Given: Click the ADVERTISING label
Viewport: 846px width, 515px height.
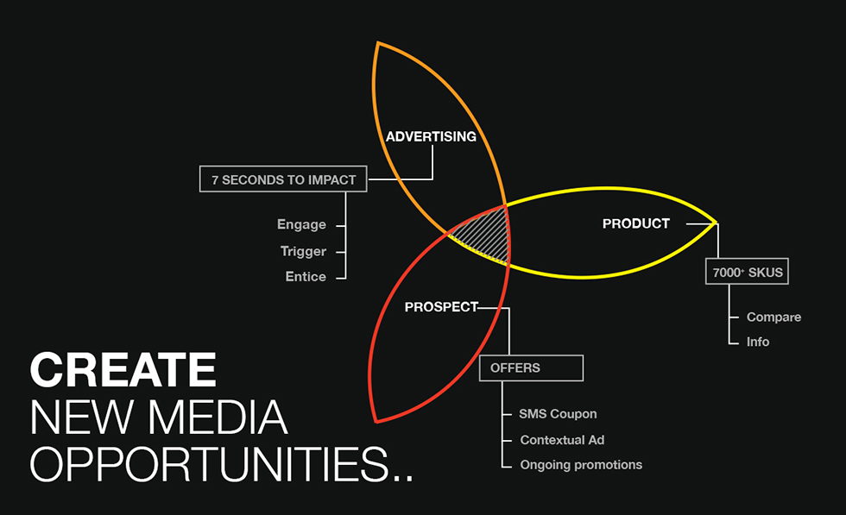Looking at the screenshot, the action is (431, 136).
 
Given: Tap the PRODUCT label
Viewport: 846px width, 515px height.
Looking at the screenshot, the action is (635, 223).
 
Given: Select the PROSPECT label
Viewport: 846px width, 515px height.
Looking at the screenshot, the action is (441, 307).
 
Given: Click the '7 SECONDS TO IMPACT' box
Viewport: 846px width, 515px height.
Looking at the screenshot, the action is (283, 179).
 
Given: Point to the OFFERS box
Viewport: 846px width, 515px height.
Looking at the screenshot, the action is (531, 367).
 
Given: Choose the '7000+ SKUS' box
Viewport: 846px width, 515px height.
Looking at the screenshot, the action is (747, 272).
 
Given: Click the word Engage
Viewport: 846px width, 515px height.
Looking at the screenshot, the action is (301, 224).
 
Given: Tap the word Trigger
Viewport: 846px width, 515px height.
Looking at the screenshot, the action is (303, 251).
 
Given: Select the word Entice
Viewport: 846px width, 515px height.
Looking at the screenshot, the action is (306, 277).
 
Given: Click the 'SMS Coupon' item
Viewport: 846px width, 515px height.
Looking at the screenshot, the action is (558, 413).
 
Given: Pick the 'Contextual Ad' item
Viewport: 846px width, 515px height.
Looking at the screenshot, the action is (562, 440).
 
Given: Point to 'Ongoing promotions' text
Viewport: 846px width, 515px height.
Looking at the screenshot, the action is (581, 465).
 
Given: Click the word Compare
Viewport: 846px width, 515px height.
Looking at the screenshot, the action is (773, 317).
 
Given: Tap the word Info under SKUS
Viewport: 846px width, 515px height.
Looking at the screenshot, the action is (758, 342).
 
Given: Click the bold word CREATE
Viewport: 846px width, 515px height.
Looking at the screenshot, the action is (123, 369).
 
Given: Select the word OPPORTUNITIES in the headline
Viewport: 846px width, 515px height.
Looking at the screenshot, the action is (209, 464).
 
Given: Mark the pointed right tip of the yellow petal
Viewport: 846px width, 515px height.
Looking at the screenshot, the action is (716, 223).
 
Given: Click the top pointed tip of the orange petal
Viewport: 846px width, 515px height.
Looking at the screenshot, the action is (378, 42).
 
